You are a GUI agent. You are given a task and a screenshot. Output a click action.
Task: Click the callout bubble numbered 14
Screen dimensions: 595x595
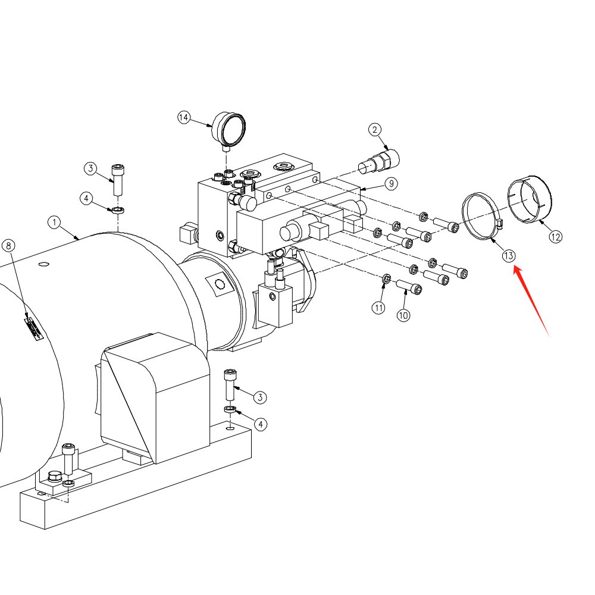[184, 118]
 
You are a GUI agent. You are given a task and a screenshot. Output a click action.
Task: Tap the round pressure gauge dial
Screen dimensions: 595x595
[229, 129]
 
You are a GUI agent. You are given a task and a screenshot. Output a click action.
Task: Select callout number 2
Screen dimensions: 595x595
[375, 130]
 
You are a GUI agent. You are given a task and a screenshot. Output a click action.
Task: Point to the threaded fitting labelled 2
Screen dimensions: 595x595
[378, 162]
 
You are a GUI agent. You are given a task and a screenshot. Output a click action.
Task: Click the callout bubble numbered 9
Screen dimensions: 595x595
[392, 184]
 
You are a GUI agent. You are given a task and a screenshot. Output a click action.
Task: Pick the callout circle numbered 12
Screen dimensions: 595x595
[556, 237]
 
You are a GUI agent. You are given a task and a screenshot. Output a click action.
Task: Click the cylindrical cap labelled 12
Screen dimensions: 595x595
[530, 199]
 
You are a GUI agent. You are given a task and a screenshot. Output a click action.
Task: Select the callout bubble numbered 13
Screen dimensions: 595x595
[509, 256]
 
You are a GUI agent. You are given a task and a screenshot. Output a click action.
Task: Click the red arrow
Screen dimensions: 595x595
[531, 302]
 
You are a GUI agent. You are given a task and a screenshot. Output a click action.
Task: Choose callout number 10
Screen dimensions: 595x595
[403, 315]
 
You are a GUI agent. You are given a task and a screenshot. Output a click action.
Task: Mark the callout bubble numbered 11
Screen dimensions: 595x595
[378, 308]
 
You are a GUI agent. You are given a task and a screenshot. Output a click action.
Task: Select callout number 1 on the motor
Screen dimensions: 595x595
[54, 223]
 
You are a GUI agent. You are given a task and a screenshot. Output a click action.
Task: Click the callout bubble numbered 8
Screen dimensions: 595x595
[8, 246]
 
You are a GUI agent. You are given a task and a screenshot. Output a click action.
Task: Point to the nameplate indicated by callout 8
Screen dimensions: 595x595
[33, 328]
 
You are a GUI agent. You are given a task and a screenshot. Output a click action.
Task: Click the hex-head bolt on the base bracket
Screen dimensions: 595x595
[55, 477]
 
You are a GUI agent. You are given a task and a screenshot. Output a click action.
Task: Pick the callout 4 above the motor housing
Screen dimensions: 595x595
[86, 198]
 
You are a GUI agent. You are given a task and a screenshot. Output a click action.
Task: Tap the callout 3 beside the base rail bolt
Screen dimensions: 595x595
[260, 397]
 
